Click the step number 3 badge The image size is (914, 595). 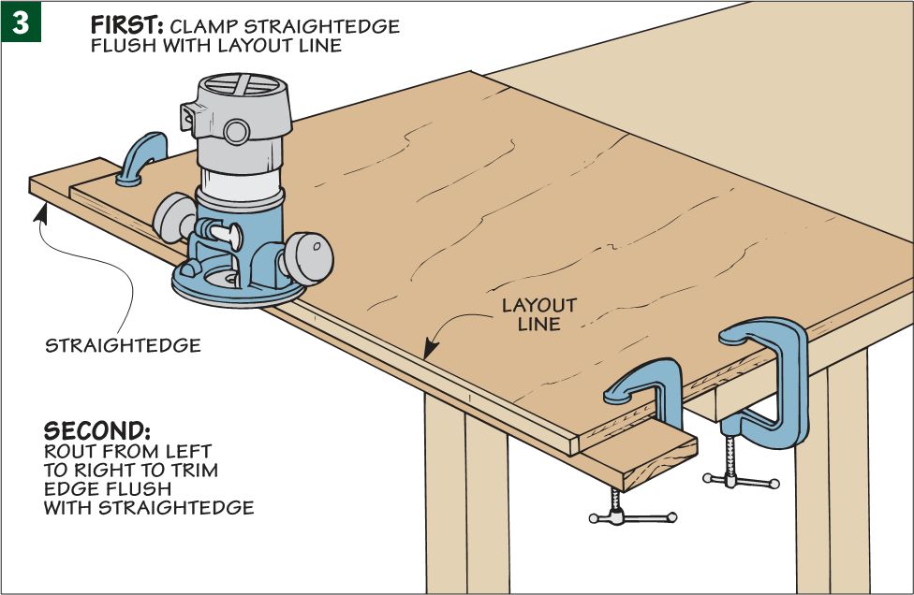tap(21, 22)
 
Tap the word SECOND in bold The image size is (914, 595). tap(97, 431)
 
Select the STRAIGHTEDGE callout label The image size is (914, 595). tap(123, 346)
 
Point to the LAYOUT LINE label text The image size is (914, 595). tap(539, 314)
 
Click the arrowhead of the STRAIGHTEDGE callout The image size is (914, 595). tap(40, 212)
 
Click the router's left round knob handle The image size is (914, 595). tap(173, 218)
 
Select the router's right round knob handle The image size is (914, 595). tap(310, 258)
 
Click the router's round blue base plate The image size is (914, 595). tap(238, 286)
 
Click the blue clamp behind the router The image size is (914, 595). tap(141, 158)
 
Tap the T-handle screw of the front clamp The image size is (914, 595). tap(632, 511)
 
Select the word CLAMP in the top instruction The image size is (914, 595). tap(204, 27)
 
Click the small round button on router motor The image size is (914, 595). tap(237, 132)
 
